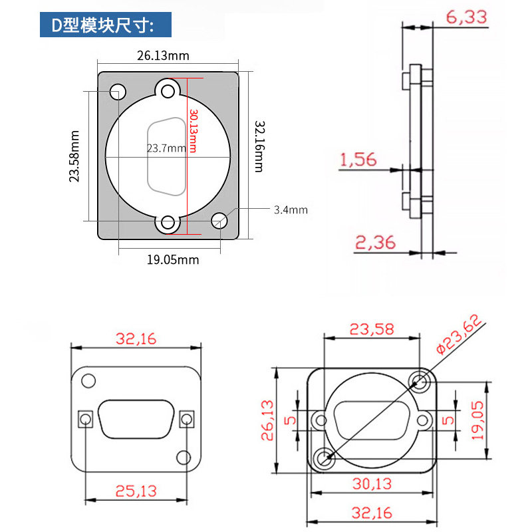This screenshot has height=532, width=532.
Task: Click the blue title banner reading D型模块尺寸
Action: tap(106, 25)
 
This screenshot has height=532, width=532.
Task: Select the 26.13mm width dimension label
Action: tap(163, 56)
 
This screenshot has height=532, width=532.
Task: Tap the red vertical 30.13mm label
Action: tap(193, 130)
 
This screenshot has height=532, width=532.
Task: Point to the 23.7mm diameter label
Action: tap(166, 148)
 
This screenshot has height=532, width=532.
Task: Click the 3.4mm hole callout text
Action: tap(291, 209)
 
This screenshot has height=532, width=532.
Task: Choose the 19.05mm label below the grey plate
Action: tap(173, 260)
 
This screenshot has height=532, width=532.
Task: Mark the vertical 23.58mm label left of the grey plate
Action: tap(74, 156)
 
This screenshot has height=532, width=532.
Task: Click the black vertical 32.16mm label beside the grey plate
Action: tap(259, 146)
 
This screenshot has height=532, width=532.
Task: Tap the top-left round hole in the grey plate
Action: tap(118, 92)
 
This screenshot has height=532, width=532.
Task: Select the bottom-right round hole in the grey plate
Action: tap(219, 221)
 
